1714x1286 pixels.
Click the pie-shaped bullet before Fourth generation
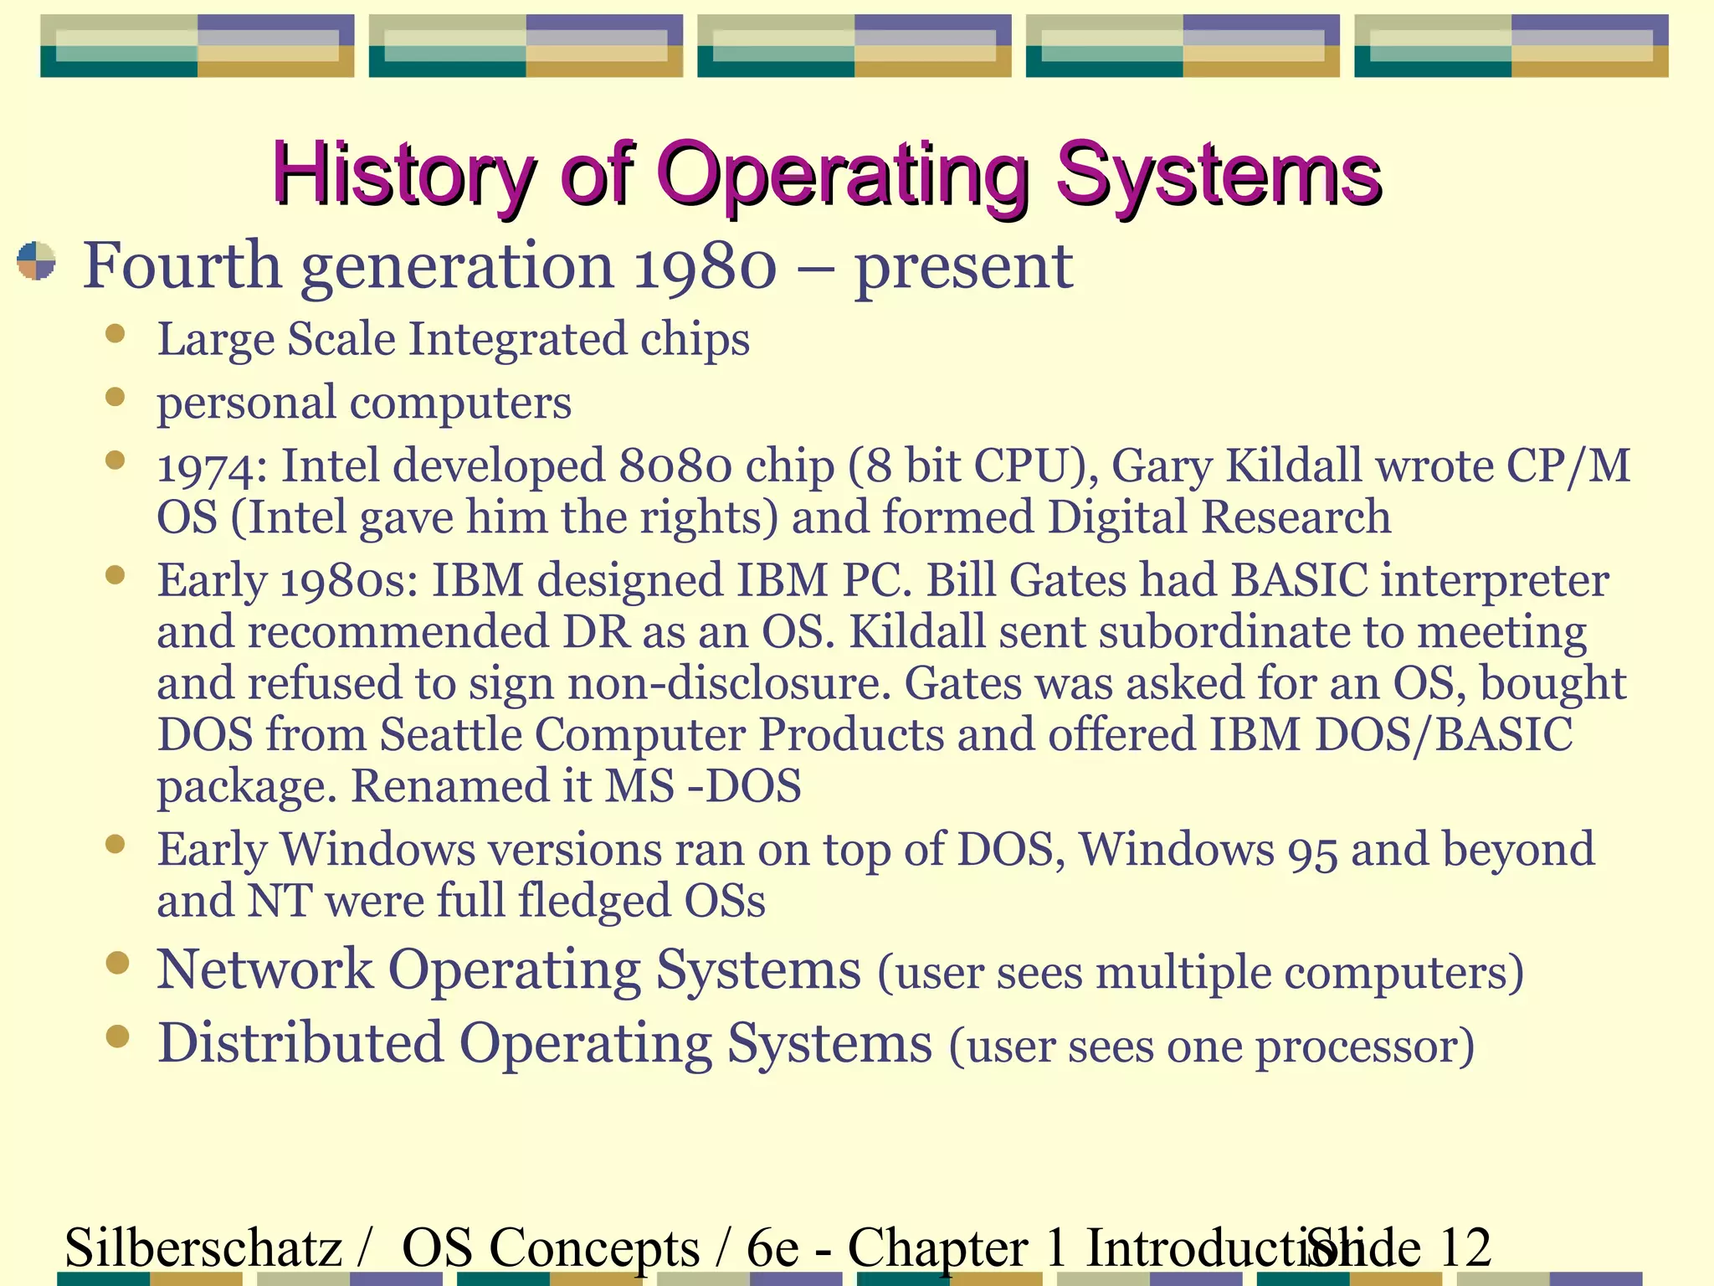point(36,261)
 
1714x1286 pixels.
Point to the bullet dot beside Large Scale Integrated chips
point(115,335)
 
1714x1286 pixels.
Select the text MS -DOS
point(702,786)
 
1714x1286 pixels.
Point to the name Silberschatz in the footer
point(203,1247)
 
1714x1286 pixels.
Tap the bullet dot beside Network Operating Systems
point(117,964)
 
